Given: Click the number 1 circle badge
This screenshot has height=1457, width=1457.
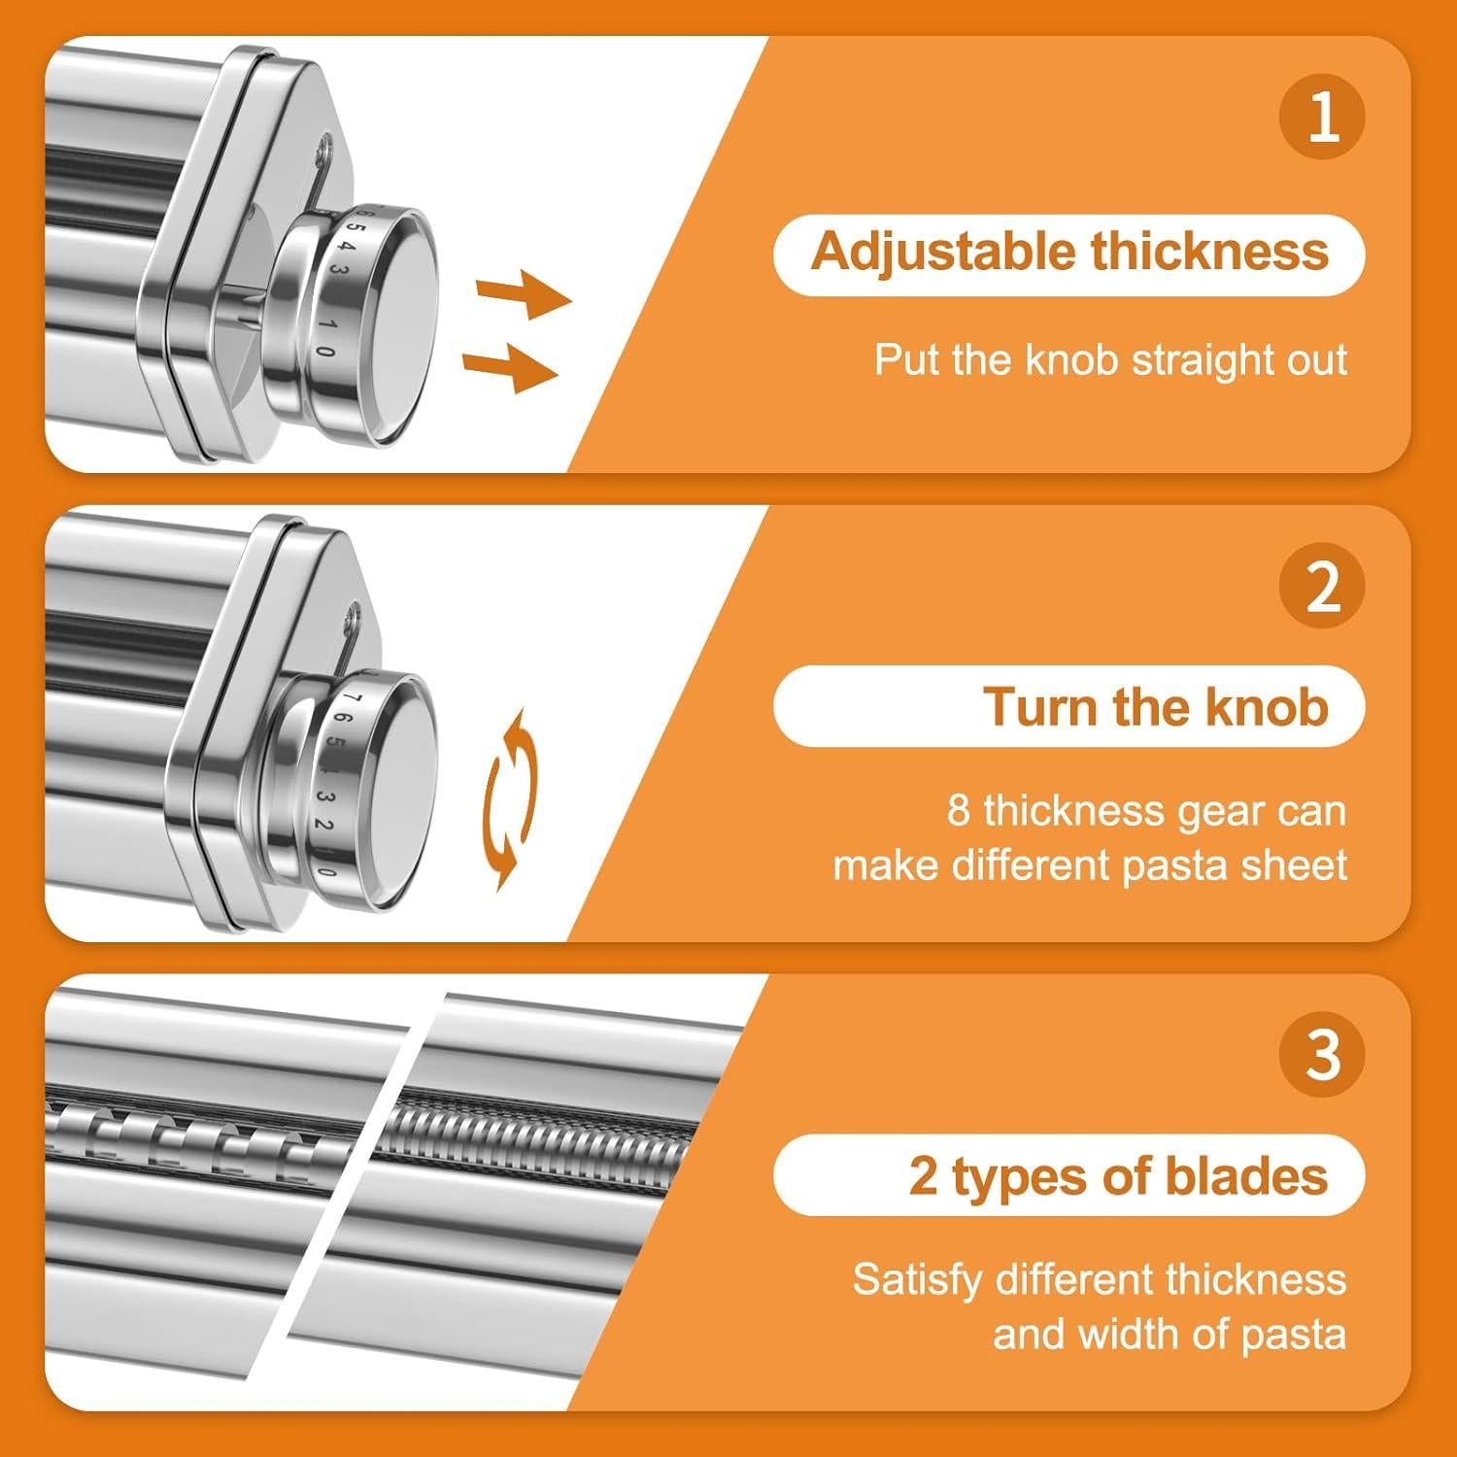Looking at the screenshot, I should (1322, 117).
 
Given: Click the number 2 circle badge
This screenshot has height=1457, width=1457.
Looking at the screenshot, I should (1322, 586).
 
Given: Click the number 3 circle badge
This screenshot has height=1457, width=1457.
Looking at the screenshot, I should (1322, 1055).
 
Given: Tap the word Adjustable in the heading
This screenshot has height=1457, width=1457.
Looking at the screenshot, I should (941, 253).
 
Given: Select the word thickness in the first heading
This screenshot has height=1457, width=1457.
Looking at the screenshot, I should (1208, 253).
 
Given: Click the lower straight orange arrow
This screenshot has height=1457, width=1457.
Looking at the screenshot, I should (511, 369).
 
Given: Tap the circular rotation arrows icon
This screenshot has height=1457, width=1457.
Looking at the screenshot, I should (508, 798).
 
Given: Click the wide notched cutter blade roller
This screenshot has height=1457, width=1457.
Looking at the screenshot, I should (194, 1136).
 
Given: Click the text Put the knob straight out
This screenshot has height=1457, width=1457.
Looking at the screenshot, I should (1109, 360).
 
